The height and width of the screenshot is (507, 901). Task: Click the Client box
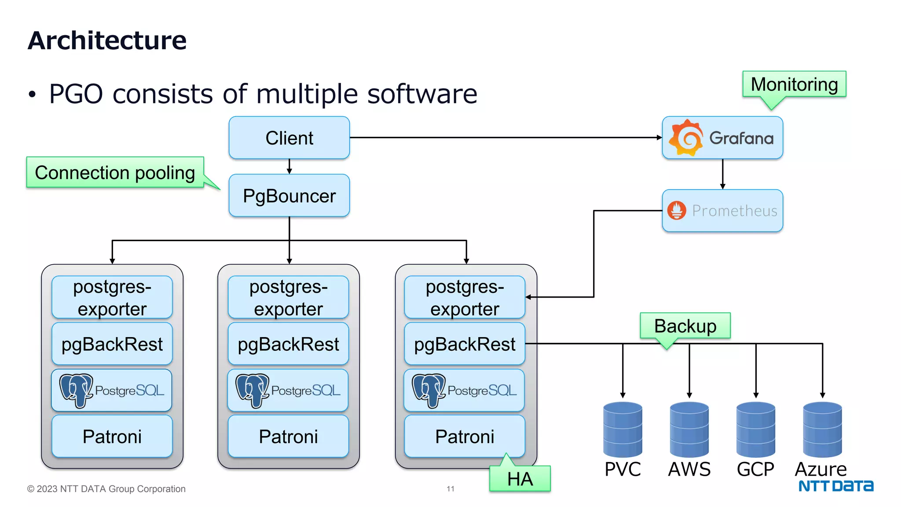289,138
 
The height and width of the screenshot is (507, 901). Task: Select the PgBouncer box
289,196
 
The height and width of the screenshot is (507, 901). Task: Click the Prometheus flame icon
677,210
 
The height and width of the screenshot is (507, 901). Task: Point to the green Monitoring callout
794,84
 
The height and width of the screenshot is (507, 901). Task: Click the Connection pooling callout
115,173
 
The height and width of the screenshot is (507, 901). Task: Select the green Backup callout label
685,326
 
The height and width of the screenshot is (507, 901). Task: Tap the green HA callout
520,479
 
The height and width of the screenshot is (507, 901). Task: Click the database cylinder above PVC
623,430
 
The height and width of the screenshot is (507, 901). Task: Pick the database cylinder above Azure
822,430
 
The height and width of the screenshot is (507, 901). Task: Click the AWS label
689,470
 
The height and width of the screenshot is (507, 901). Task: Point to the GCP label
755,470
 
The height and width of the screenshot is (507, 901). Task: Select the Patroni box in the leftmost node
112,437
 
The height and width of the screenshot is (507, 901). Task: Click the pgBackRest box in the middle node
288,344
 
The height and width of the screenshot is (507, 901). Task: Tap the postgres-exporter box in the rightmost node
465,298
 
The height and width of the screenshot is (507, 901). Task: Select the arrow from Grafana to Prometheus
722,174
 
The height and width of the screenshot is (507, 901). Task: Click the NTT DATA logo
836,486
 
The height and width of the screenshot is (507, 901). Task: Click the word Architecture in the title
107,40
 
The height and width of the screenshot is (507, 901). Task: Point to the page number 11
450,489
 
